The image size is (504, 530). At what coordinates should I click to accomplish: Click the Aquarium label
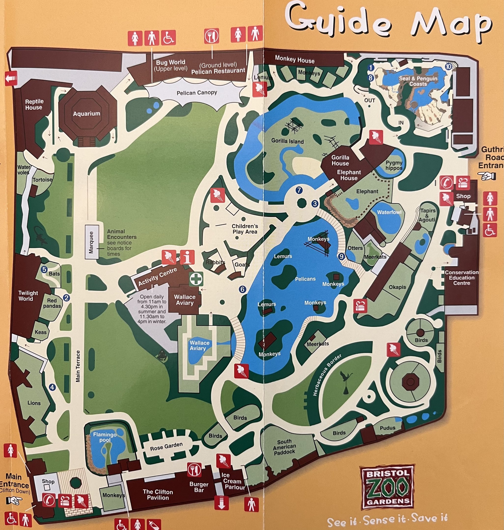click(x=86, y=114)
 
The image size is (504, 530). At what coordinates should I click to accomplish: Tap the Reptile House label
click(x=34, y=105)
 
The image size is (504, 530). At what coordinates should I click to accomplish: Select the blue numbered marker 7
click(x=299, y=190)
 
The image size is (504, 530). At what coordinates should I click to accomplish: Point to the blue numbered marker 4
click(x=52, y=387)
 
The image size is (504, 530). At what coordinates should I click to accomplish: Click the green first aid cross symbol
click(x=196, y=279)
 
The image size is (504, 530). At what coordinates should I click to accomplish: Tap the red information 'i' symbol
click(x=187, y=257)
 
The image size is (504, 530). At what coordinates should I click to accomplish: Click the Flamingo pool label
click(x=105, y=437)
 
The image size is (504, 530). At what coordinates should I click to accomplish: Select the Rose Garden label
click(x=166, y=447)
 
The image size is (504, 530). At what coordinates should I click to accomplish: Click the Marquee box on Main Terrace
click(x=91, y=242)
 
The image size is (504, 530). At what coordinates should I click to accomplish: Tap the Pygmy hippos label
click(x=394, y=165)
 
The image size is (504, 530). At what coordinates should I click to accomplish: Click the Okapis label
click(x=397, y=287)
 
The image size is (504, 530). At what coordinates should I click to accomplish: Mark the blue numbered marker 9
click(x=341, y=256)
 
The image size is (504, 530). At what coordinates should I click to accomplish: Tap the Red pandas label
click(x=52, y=303)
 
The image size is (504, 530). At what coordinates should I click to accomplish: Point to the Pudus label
click(x=387, y=428)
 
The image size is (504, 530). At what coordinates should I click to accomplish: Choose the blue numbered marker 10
click(x=448, y=66)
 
